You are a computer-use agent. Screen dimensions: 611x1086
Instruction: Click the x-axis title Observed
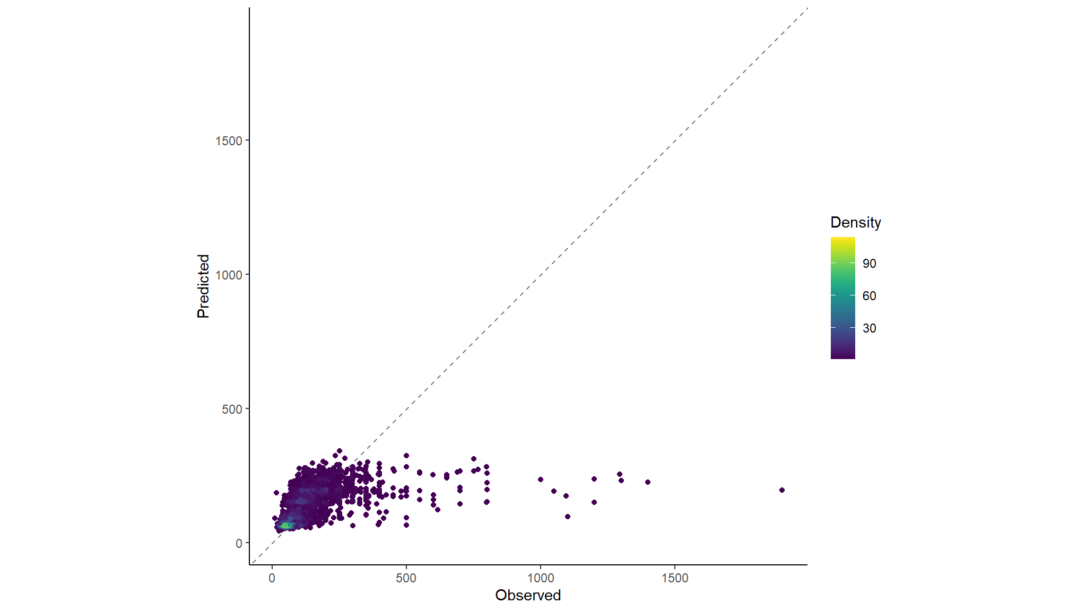point(527,595)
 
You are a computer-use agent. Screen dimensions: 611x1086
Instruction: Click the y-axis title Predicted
point(203,286)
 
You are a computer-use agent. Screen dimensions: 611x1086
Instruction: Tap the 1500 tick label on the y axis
point(228,141)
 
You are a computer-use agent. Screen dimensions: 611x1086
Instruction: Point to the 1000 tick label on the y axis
point(228,275)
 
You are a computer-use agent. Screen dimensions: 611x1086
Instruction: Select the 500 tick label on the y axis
point(232,409)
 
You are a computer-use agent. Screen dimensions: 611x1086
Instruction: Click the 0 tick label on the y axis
point(239,544)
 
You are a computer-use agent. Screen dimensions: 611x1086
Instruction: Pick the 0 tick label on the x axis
point(272,578)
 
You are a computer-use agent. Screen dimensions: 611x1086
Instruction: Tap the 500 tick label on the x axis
point(406,578)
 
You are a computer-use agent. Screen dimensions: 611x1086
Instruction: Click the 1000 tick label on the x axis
point(540,578)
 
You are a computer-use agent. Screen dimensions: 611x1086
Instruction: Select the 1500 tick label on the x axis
point(674,578)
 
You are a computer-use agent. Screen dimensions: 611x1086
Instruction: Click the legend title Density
point(855,223)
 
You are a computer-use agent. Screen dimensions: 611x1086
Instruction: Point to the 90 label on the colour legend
point(869,264)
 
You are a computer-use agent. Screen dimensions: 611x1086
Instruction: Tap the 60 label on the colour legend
point(869,296)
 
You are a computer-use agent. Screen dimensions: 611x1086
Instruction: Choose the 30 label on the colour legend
point(869,328)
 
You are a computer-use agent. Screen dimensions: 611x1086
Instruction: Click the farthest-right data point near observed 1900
point(781,490)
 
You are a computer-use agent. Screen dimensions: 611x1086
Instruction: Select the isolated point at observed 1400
point(647,482)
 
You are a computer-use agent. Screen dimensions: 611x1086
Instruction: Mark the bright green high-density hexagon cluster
point(285,526)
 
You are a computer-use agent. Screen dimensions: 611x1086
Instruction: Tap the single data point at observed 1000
point(540,479)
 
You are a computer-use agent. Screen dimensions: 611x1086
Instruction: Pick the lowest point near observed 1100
point(567,517)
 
